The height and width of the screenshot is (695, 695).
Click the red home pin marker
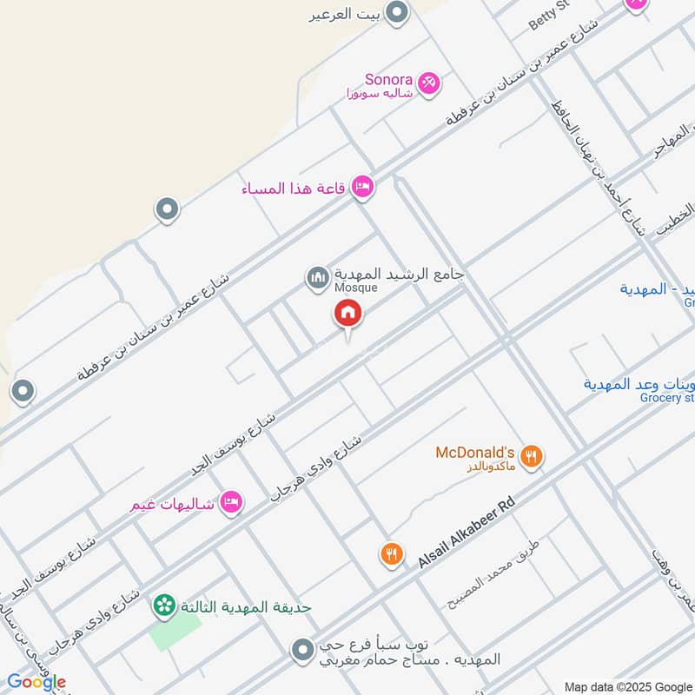[x=348, y=314]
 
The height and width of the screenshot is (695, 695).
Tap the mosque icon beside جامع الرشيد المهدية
[x=316, y=279]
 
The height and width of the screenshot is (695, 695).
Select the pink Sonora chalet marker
[x=427, y=83]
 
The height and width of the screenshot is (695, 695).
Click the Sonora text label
[x=387, y=78]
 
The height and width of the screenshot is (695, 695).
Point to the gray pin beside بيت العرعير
[x=397, y=13]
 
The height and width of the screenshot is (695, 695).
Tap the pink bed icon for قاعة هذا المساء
[x=363, y=187]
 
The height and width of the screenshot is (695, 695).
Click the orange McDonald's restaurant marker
[x=532, y=455]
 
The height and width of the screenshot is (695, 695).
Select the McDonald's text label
[x=475, y=453]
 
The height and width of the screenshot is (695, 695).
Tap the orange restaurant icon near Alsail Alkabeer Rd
[x=392, y=553]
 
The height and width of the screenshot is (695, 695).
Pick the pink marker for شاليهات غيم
[x=230, y=502]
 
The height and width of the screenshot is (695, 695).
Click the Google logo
[x=36, y=682]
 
